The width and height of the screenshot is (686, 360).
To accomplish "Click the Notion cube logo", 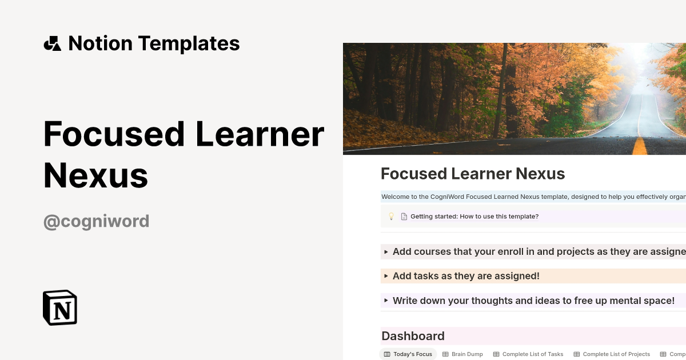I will click(x=60, y=307).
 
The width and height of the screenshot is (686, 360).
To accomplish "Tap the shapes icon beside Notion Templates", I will click(x=53, y=43).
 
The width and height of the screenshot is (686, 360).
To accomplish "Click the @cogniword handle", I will click(x=96, y=221).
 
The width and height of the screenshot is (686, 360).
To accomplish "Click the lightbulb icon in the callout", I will click(x=392, y=217).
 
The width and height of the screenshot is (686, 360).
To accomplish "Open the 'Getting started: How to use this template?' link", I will click(x=474, y=217).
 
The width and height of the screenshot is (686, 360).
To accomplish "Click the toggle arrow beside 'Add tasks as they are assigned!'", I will click(x=386, y=276).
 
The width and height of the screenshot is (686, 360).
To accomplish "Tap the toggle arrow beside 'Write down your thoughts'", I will click(x=386, y=301).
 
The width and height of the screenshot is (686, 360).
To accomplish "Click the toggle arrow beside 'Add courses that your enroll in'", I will click(x=386, y=251).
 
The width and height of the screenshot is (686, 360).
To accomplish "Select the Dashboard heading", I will click(x=413, y=336).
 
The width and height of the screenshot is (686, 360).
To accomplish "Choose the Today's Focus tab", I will click(x=408, y=354).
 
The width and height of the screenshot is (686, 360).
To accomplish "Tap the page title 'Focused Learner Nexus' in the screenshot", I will click(x=473, y=174).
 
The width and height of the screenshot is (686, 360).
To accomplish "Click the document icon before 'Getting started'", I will click(x=404, y=217).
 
